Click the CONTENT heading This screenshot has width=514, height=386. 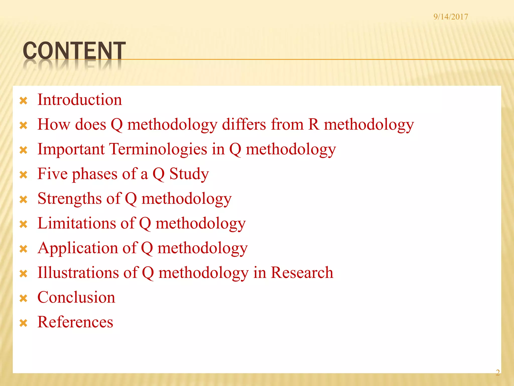[x=74, y=51]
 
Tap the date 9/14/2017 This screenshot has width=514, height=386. [x=451, y=17]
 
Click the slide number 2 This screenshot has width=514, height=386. [x=497, y=372]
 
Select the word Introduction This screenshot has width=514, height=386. [x=80, y=100]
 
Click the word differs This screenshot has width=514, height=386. [x=244, y=124]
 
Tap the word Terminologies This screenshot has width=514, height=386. [x=158, y=149]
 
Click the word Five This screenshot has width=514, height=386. [x=52, y=174]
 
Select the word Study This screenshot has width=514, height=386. [x=189, y=174]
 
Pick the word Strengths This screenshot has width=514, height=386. [x=70, y=199]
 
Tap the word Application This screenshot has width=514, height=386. [x=78, y=248]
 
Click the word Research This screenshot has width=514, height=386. [x=302, y=273]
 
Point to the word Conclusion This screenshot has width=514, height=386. [x=76, y=298]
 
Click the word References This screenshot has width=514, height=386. [x=75, y=322]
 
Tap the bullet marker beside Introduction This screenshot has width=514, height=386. [x=23, y=101]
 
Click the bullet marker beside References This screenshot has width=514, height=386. [x=23, y=323]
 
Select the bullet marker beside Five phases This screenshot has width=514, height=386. [x=23, y=175]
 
